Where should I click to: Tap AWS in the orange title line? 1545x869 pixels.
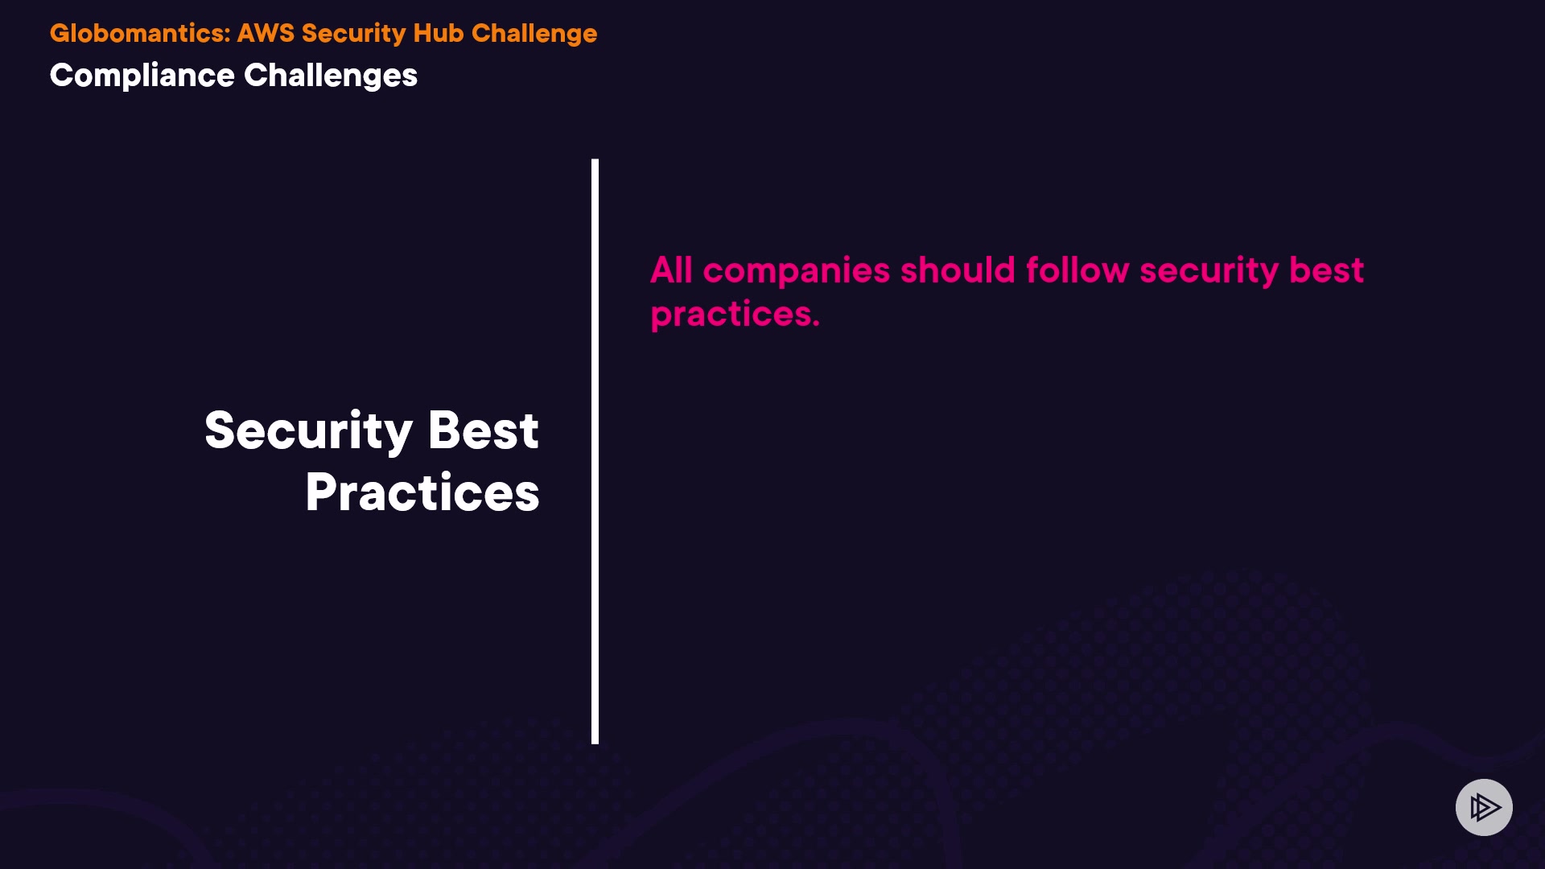tap(266, 33)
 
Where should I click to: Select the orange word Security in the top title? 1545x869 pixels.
tap(354, 34)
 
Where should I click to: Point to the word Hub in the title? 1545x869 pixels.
tap(439, 33)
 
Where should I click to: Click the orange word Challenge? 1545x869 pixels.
tap(534, 34)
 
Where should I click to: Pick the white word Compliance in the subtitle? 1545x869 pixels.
tap(142, 76)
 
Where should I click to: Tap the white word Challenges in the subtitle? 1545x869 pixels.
tap(331, 76)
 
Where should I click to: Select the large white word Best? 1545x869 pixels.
tap(484, 430)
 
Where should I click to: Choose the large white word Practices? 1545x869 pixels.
tap(422, 492)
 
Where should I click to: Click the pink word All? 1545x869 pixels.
tap(671, 270)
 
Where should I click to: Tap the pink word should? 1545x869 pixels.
tap(958, 270)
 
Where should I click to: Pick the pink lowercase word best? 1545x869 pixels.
tap(1327, 270)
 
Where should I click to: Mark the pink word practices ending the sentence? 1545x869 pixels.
tap(735, 315)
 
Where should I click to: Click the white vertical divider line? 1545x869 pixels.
tap(595, 451)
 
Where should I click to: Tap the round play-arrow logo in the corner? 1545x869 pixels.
tap(1484, 807)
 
